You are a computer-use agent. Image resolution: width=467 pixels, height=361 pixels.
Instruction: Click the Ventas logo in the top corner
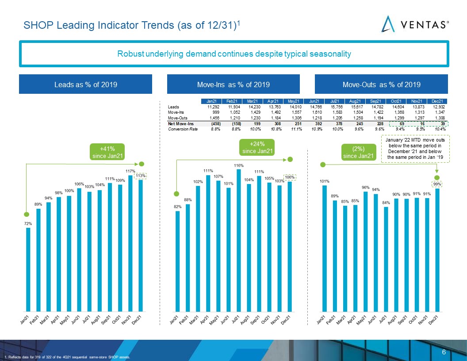tap(415, 24)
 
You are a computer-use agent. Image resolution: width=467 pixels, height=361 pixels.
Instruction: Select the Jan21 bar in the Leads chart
tap(28, 269)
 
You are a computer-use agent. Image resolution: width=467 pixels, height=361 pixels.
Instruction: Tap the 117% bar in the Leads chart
tap(130, 243)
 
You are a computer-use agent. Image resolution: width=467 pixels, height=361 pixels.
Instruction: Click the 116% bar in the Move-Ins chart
tap(238, 240)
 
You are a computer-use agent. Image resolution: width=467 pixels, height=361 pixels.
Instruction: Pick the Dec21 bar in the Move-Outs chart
tap(437, 250)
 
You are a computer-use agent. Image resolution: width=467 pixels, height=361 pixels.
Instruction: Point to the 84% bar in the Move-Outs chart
tap(386, 259)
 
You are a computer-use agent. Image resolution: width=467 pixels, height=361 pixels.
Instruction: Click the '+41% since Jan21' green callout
tap(107, 152)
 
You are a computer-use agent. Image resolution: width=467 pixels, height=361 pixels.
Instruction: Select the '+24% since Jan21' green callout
tap(257, 147)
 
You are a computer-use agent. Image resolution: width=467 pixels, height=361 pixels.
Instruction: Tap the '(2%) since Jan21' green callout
tap(358, 152)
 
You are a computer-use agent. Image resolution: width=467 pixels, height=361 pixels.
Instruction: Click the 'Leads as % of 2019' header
tap(85, 84)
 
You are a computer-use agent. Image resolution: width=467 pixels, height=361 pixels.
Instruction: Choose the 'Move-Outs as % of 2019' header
tap(381, 84)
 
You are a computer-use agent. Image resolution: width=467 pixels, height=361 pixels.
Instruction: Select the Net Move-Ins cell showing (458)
tap(216, 123)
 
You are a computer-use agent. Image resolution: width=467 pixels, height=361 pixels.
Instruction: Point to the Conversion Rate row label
tap(183, 129)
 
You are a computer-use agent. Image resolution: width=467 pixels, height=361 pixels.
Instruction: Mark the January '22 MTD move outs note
tap(415, 149)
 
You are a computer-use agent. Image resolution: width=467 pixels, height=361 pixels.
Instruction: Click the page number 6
tap(444, 352)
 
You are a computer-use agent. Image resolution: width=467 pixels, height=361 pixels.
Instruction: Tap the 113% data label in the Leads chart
tap(141, 176)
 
